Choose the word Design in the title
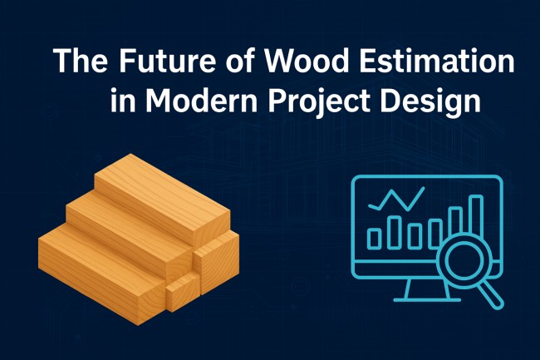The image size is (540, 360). [x=439, y=102]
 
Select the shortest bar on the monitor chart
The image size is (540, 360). [x=374, y=239]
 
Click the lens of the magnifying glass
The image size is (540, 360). [x=461, y=265]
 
